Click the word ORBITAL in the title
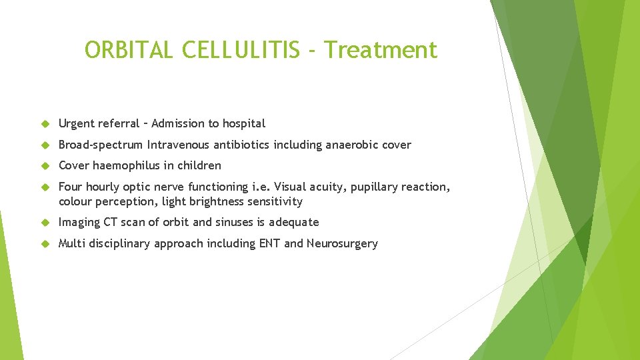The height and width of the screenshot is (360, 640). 126,50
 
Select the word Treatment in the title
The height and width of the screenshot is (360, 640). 382,50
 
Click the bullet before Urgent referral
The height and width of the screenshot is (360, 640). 45,124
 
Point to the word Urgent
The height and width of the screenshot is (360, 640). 77,123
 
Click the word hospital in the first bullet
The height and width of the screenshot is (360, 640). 243,123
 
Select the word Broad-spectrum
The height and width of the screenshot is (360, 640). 101,145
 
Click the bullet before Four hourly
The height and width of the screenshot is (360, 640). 45,187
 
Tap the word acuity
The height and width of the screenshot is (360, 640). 326,187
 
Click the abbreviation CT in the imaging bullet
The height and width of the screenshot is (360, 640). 110,222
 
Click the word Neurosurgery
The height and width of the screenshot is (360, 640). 342,243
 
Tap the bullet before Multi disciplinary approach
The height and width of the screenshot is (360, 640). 45,244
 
